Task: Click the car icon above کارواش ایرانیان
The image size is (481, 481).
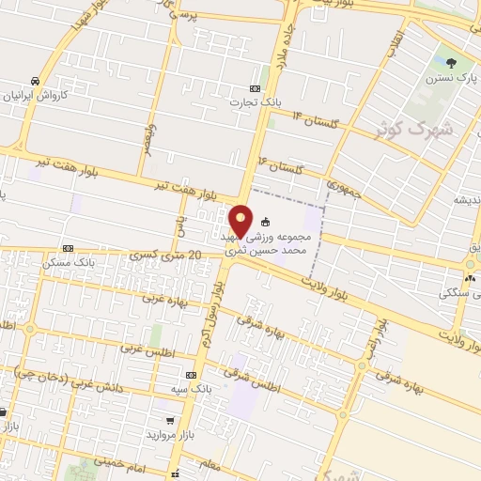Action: pos(34,80)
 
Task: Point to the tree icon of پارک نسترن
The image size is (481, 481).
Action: pos(452,64)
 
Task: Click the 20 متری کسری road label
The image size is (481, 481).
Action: pos(167,255)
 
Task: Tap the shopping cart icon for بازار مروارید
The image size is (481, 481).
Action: pos(168,421)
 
